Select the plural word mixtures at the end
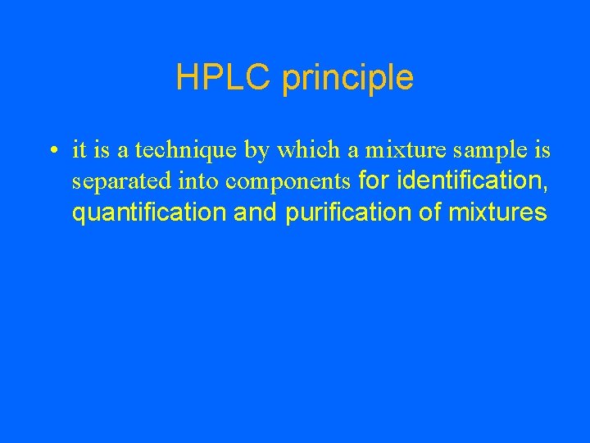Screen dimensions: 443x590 pyautogui.click(x=497, y=213)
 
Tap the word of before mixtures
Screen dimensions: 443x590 pyautogui.click(x=431, y=213)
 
